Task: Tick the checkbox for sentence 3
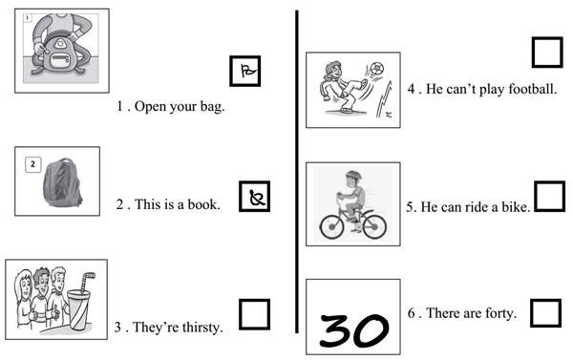[254, 314]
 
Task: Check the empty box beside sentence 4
[547, 53]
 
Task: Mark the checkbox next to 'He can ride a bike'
[550, 197]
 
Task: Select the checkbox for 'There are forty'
[546, 313]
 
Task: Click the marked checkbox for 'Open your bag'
[244, 71]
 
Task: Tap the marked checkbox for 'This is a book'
[254, 197]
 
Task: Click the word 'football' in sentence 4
[533, 89]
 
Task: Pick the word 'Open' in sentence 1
[147, 107]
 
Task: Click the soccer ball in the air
[377, 69]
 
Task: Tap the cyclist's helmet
[353, 175]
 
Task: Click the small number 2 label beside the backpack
[32, 164]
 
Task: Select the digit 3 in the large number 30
[334, 330]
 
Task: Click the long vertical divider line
[297, 172]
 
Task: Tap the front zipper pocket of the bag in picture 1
[59, 60]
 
